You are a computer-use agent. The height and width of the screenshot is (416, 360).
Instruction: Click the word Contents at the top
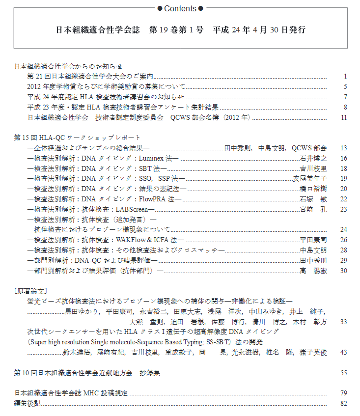[x=180, y=8]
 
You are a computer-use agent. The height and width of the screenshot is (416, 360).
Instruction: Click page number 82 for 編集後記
[x=344, y=403]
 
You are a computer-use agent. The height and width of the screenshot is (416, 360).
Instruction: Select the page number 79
[x=344, y=393]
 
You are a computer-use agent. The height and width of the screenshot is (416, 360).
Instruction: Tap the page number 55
[x=344, y=373]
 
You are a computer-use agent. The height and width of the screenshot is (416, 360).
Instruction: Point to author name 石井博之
[x=313, y=158]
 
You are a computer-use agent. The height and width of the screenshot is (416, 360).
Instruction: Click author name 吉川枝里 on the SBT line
[x=313, y=168]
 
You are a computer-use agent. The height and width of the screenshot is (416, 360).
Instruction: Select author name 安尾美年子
[x=310, y=178]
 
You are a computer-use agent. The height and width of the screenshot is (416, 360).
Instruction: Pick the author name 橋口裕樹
[x=313, y=189]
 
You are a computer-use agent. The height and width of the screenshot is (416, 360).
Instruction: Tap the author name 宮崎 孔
[x=313, y=209]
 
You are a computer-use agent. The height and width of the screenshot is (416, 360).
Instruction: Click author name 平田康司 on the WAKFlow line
[x=313, y=240]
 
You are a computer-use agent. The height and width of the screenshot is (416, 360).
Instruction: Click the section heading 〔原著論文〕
[x=31, y=291]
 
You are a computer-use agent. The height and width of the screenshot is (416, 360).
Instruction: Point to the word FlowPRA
[x=152, y=199]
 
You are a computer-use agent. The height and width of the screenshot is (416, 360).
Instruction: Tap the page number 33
[x=344, y=322]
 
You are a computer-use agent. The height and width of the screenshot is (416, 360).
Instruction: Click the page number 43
[x=344, y=353]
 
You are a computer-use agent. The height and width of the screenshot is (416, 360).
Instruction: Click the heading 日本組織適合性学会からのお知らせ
[x=68, y=66]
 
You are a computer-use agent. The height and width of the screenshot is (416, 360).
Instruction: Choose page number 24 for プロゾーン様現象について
[x=344, y=229]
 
